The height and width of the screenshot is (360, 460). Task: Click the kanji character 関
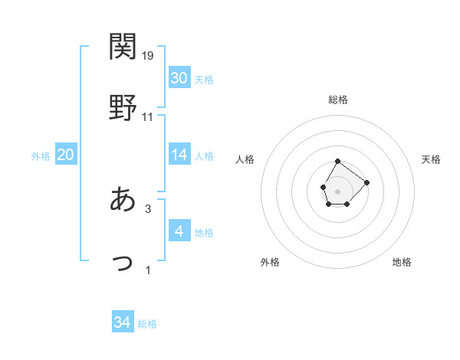click(x=123, y=47)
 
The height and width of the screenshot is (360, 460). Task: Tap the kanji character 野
click(x=123, y=108)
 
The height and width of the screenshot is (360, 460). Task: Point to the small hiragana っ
click(x=123, y=263)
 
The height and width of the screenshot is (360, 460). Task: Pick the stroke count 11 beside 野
click(x=148, y=117)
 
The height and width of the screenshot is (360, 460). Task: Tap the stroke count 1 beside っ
click(x=148, y=270)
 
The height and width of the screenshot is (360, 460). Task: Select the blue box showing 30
click(x=179, y=78)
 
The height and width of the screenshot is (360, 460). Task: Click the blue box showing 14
click(x=179, y=155)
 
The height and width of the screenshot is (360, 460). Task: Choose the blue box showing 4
click(x=179, y=231)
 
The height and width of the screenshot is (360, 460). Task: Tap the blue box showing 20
click(x=65, y=155)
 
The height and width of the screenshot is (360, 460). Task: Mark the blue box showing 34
click(x=123, y=322)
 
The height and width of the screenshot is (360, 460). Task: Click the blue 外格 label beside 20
click(x=41, y=156)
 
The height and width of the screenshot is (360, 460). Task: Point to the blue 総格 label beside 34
click(x=147, y=324)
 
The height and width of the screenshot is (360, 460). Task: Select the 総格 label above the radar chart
click(x=338, y=100)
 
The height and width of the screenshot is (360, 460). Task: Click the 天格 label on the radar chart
click(x=432, y=159)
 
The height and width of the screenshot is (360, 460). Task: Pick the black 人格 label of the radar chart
click(x=245, y=159)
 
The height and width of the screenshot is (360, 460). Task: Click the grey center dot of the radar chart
click(x=338, y=190)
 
